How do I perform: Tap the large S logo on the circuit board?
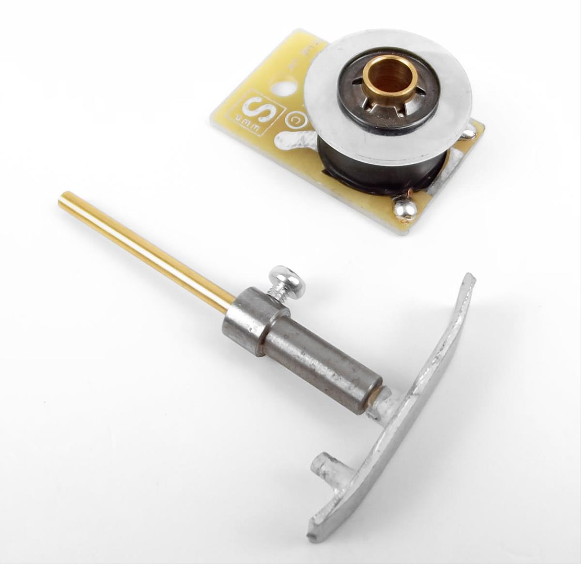(258, 109)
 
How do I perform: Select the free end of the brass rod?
(63, 198)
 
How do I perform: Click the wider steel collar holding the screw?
(250, 321)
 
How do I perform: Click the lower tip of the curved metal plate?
(317, 533)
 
